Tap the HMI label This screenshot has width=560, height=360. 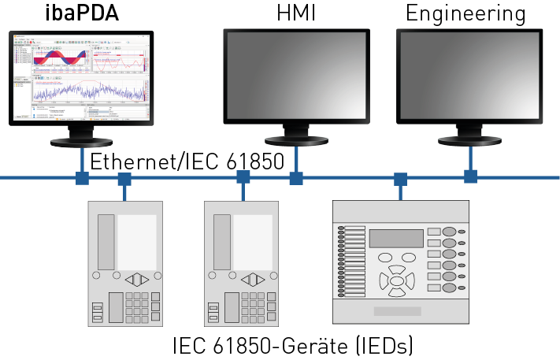[x=296, y=13]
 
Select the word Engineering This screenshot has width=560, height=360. [x=465, y=13]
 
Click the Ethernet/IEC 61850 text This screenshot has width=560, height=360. [x=187, y=163]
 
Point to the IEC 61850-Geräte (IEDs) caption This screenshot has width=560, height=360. [x=293, y=346]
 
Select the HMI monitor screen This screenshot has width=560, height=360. [x=295, y=77]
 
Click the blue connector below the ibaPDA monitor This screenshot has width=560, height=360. [x=81, y=178]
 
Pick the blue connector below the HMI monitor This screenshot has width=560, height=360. [x=296, y=178]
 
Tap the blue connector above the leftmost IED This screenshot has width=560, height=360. [x=124, y=179]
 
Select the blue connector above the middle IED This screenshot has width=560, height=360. [x=243, y=177]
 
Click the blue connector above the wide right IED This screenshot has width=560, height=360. [x=400, y=179]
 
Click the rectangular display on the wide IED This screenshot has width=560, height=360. [x=396, y=238]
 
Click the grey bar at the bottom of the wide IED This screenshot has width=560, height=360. [x=397, y=311]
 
